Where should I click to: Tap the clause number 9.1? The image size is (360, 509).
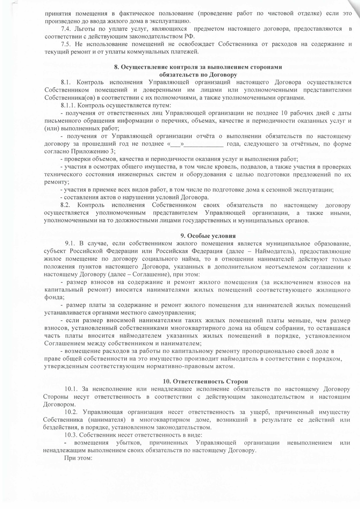pos(72,244)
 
